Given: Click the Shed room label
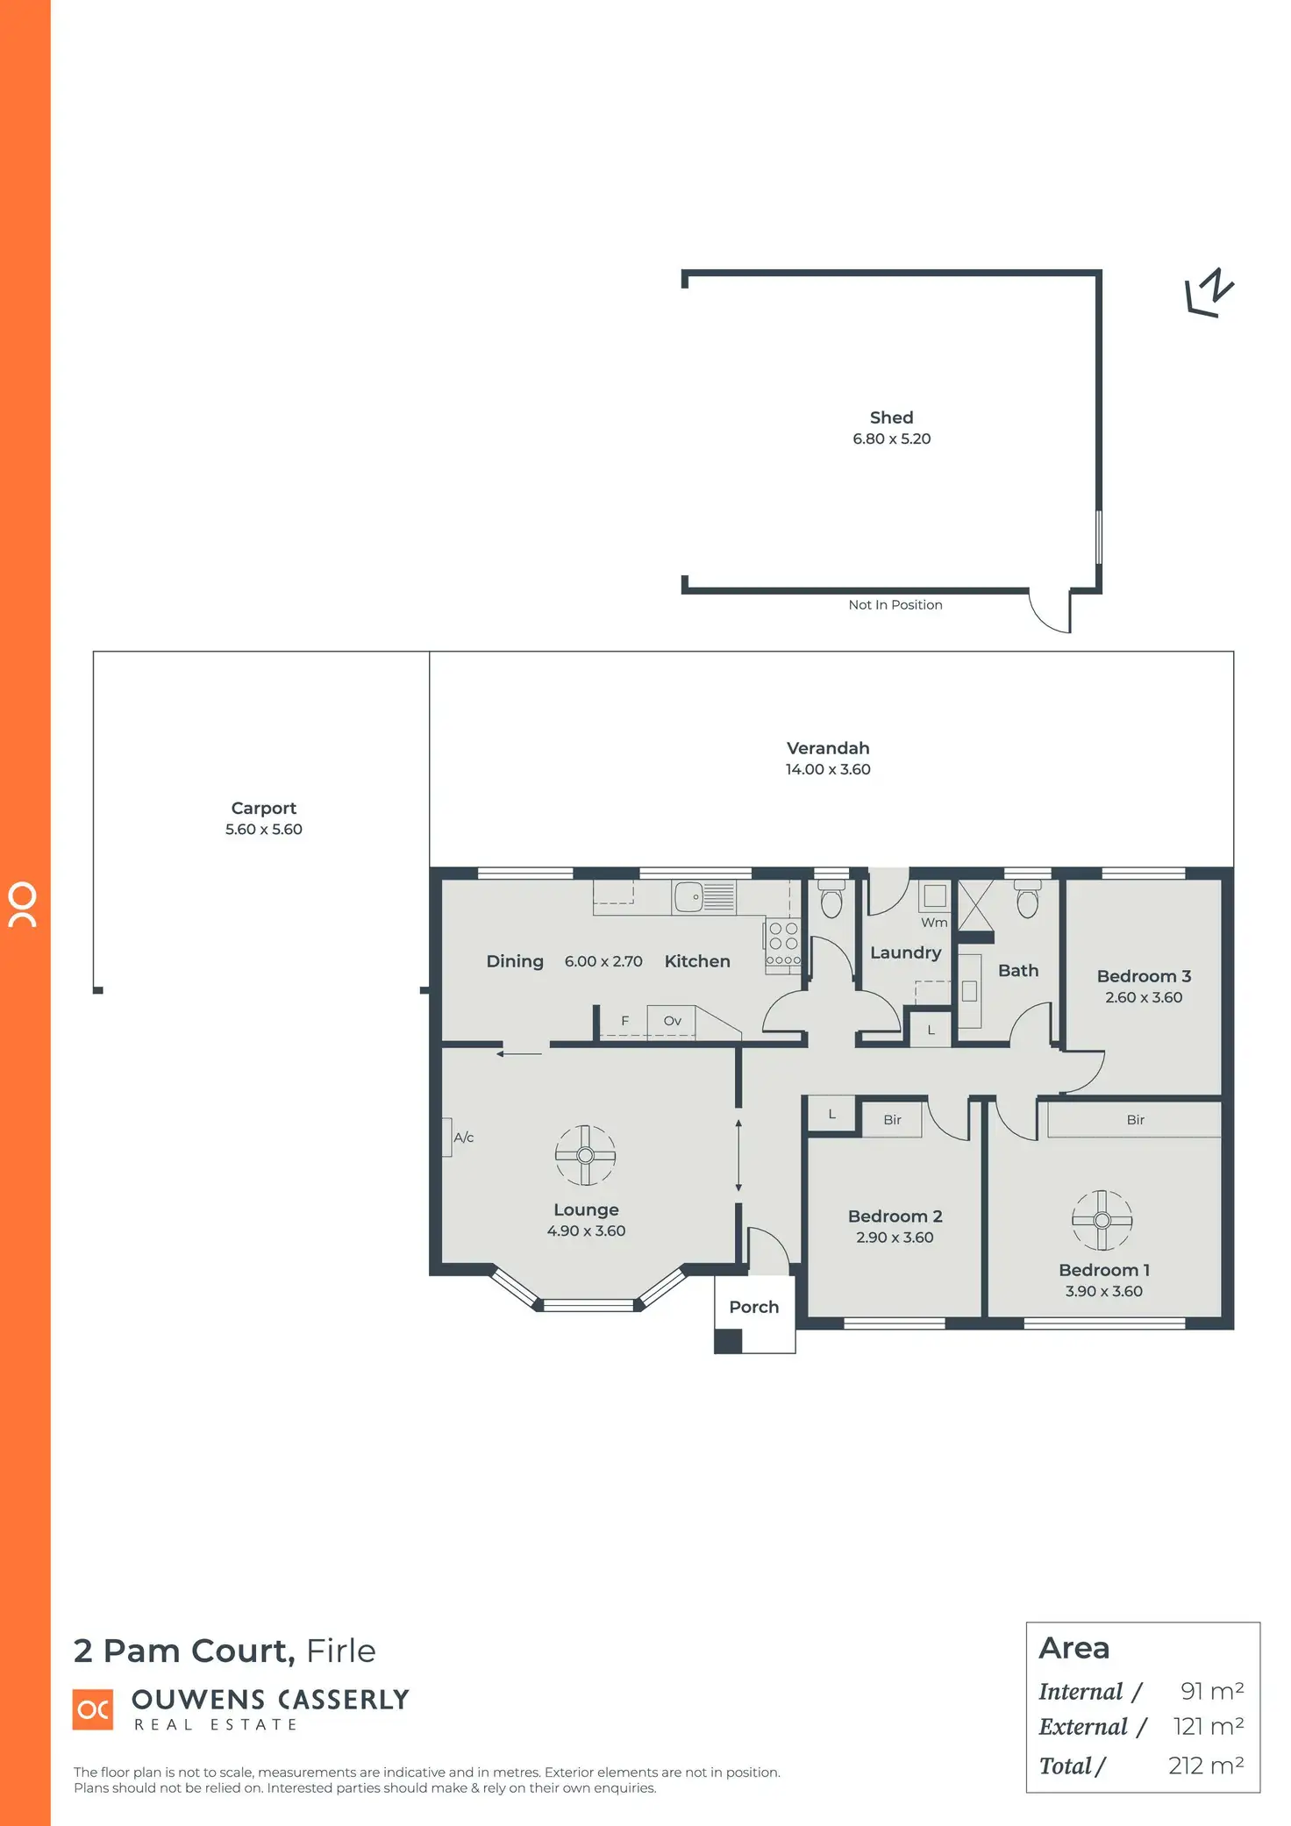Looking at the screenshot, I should pyautogui.click(x=891, y=417).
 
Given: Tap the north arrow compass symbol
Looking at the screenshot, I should pyautogui.click(x=1209, y=293).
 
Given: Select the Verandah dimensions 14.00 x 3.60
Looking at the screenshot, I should pyautogui.click(x=827, y=769).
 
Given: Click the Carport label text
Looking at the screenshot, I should pyautogui.click(x=263, y=808).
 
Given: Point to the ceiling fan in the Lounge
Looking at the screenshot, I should pyautogui.click(x=585, y=1155).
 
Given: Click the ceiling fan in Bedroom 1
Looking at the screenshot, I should pyautogui.click(x=1102, y=1220).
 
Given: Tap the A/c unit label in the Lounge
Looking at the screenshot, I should pyautogui.click(x=463, y=1138).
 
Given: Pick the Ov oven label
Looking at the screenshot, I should pyautogui.click(x=672, y=1021).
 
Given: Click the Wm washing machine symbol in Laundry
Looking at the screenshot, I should pyautogui.click(x=935, y=896).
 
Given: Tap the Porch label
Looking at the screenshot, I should pyautogui.click(x=753, y=1307).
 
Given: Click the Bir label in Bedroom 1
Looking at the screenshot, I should pyautogui.click(x=1135, y=1120).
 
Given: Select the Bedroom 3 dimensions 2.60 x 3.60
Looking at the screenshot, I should pyautogui.click(x=1143, y=997).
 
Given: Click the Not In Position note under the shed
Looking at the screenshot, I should pyautogui.click(x=895, y=605).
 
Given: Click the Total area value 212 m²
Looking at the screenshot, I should pyautogui.click(x=1205, y=1765).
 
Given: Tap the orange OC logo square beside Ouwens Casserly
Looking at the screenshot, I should pyautogui.click(x=93, y=1709).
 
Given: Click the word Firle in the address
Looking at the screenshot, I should pyautogui.click(x=340, y=1651).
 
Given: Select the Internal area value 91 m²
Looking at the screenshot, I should pyautogui.click(x=1211, y=1691).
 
